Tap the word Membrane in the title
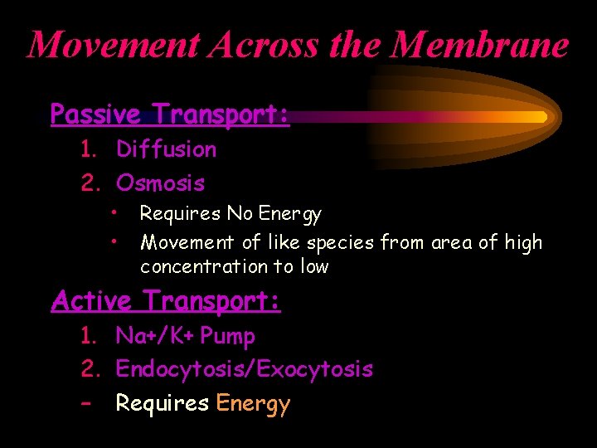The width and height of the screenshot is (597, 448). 481,45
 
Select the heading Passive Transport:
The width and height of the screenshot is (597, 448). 170,114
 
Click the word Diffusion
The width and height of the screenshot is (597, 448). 166,150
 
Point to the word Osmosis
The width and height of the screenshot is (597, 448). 160,183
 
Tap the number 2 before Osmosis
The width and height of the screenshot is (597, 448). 87,183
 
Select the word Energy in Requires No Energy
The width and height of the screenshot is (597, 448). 290,214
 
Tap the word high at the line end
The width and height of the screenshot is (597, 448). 522,243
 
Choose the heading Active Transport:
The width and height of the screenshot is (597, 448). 166,300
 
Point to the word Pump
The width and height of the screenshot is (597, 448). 227,337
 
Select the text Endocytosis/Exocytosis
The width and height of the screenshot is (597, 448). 244,369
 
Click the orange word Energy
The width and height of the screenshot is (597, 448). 253,404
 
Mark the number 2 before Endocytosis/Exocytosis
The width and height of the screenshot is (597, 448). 87,369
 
